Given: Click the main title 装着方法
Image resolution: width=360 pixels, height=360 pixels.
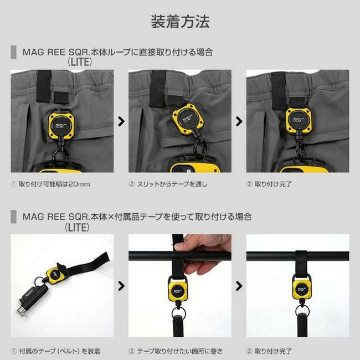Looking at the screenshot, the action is [x=180, y=22].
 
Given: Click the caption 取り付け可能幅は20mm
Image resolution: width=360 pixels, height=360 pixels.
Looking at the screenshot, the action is [x=54, y=184].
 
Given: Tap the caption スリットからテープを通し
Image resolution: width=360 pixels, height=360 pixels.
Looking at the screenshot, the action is [x=172, y=184].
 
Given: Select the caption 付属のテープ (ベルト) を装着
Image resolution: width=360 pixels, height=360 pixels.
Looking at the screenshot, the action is [x=60, y=351].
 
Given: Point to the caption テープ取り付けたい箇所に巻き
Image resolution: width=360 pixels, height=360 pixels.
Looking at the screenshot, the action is [x=180, y=351].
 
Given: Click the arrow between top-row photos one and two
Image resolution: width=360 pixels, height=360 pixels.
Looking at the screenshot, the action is [x=121, y=121].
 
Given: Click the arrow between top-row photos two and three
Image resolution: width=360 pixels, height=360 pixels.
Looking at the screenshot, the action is [x=239, y=121].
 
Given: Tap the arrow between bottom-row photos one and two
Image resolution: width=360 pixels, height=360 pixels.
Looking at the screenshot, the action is [x=121, y=286].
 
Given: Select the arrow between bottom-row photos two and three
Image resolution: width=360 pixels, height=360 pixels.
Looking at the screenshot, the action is [x=239, y=286].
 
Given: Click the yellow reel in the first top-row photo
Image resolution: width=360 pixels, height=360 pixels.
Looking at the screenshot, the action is [x=61, y=125].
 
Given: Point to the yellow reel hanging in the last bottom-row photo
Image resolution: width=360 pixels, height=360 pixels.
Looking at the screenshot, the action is [x=302, y=290].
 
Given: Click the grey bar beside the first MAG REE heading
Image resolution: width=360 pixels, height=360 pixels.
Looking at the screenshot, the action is [x=13, y=52].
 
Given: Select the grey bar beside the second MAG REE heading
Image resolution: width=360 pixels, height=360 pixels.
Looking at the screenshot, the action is [x=13, y=217].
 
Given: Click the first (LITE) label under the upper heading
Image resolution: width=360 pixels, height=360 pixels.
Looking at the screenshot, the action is [x=80, y=62].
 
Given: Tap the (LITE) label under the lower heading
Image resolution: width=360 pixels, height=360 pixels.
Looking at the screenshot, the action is [x=77, y=227].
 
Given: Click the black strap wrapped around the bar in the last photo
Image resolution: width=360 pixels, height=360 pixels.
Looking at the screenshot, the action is [x=301, y=264].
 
